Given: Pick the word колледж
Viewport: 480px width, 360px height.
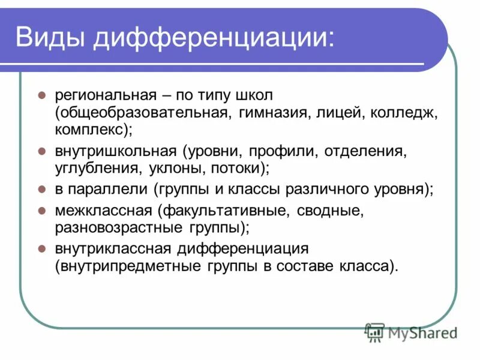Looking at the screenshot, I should tap(405, 112).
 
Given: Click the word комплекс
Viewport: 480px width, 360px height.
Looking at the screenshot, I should tap(90, 128).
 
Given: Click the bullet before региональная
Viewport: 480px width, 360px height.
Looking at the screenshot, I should tap(42, 96).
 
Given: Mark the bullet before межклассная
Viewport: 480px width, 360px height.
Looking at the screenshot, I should tap(42, 211).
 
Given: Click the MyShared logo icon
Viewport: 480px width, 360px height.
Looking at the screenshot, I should tap(375, 331).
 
